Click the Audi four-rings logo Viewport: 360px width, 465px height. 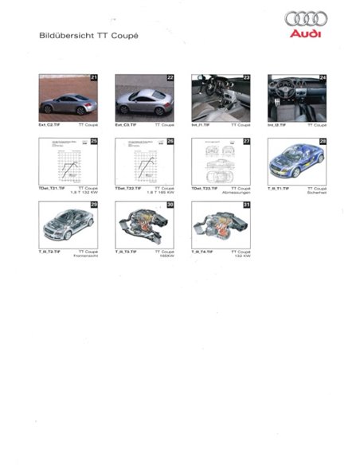pyautogui.click(x=307, y=18)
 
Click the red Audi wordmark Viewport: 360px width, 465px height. pyautogui.click(x=307, y=33)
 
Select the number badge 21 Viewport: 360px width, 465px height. pyautogui.click(x=94, y=77)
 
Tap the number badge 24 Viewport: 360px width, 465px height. pyautogui.click(x=323, y=77)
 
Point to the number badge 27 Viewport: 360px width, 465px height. pyautogui.click(x=247, y=141)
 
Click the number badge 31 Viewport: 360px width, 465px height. pyautogui.click(x=247, y=205)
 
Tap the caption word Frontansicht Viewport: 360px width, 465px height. pyautogui.click(x=84, y=256)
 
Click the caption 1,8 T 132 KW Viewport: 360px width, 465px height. pyautogui.click(x=82, y=193)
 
